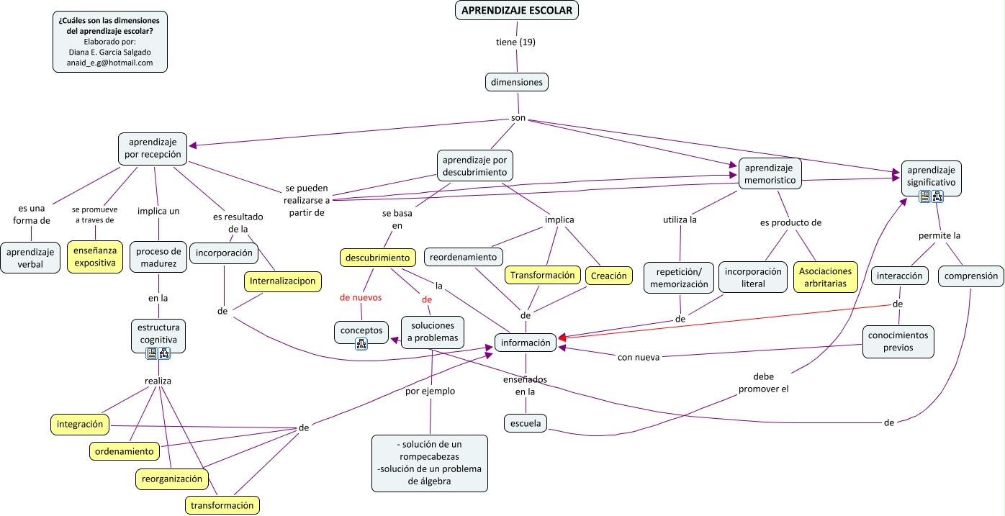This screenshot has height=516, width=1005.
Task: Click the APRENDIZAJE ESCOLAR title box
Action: click(516, 10)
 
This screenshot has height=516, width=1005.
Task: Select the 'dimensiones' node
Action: click(516, 82)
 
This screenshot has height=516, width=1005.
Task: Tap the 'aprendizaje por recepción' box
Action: click(153, 148)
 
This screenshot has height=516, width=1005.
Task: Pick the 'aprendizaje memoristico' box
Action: click(770, 173)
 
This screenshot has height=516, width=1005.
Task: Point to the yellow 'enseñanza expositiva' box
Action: click(95, 257)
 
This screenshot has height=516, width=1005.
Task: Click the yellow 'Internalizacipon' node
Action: click(282, 281)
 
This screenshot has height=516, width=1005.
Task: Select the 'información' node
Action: click(526, 343)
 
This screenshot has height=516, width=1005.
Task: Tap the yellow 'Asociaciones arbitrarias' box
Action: click(825, 277)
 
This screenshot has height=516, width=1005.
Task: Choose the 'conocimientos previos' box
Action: click(898, 341)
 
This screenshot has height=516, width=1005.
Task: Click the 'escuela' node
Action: click(525, 423)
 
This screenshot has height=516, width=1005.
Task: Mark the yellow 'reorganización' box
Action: click(172, 479)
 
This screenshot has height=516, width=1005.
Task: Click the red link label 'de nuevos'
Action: click(361, 297)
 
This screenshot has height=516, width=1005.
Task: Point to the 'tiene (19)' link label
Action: click(515, 42)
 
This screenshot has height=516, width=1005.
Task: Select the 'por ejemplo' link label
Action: click(430, 391)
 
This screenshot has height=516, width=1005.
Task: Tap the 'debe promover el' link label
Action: click(763, 382)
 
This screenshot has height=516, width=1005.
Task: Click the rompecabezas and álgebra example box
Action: click(429, 463)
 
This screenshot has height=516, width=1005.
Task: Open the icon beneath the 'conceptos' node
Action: click(361, 344)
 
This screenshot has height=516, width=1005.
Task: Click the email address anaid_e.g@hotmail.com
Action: click(109, 63)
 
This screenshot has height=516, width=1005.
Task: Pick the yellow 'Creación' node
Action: click(608, 276)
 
